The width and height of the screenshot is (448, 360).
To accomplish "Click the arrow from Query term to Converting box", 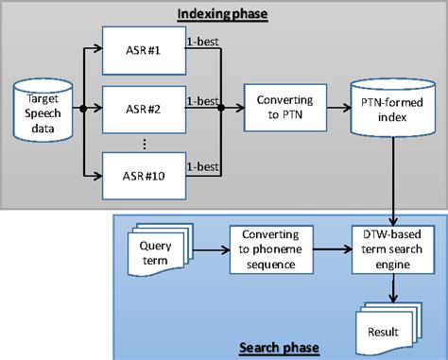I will [x=209, y=250].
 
